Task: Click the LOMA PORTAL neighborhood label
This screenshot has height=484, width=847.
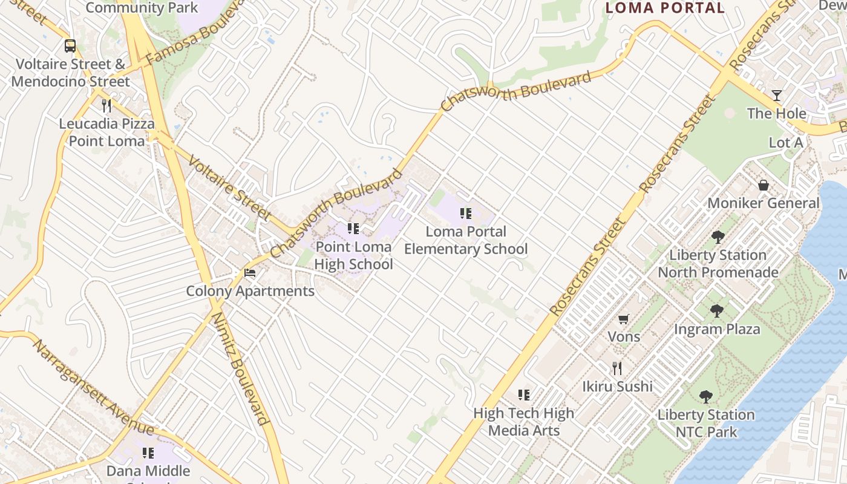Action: (665, 8)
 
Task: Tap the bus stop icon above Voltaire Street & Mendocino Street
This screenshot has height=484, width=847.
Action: (70, 45)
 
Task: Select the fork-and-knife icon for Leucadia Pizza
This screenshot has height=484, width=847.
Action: (106, 105)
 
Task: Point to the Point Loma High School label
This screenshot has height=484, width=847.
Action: (354, 255)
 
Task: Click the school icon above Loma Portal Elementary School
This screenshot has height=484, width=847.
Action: (466, 213)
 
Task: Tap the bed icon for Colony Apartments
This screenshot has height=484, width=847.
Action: (250, 273)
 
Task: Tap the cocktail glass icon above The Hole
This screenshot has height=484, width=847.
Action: (777, 96)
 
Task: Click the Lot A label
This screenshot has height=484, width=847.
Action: (786, 143)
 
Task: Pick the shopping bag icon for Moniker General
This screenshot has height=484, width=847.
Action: (764, 185)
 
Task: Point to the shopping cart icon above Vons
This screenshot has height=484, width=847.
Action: (624, 319)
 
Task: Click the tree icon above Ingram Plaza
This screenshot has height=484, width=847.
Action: (717, 312)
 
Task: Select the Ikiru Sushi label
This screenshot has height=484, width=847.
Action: (617, 386)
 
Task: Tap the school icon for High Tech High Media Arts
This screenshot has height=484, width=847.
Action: (524, 395)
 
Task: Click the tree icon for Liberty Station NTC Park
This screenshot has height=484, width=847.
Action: (705, 397)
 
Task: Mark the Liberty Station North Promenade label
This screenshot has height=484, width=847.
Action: (718, 264)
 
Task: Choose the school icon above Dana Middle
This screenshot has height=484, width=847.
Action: (148, 453)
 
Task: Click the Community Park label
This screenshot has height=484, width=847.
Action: (142, 8)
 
